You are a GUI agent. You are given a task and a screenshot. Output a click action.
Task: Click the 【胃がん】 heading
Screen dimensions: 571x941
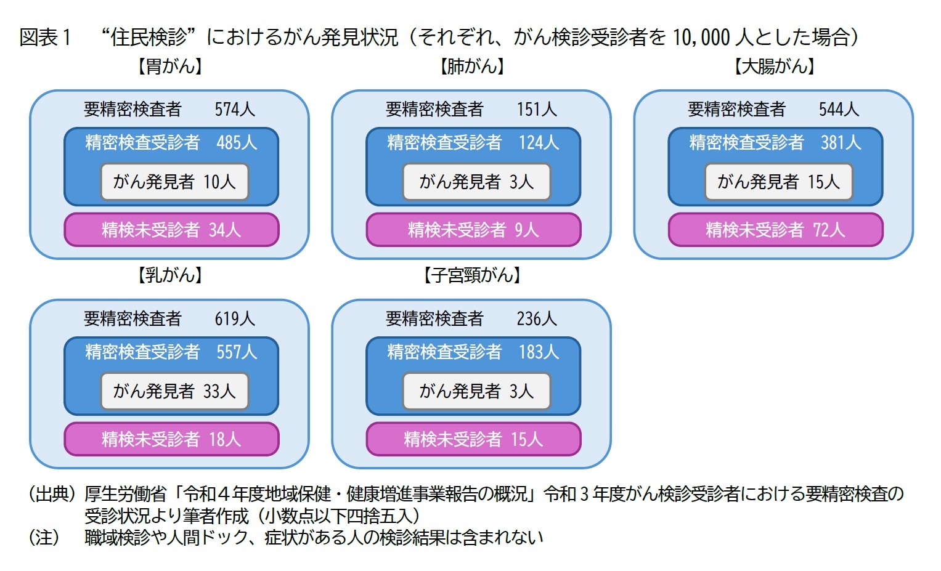170,66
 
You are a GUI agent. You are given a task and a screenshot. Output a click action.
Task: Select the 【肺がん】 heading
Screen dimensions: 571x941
472,66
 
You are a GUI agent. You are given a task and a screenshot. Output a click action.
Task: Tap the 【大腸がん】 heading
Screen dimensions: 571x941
774,66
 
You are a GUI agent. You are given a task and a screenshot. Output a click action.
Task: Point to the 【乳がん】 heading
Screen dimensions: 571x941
170,275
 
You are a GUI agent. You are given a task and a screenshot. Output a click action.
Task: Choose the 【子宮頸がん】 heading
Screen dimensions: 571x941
472,275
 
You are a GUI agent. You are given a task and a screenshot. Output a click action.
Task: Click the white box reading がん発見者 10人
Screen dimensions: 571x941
174,182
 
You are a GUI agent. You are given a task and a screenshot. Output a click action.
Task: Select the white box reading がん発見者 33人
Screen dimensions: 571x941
174,391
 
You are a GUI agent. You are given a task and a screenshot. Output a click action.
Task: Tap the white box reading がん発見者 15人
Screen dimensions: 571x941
778,182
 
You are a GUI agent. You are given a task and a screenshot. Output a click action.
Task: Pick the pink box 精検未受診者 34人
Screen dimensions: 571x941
171,230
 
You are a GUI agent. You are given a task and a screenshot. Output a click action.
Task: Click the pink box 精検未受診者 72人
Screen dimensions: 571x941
775,230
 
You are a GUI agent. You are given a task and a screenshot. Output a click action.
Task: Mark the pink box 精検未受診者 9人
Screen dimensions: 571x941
473,230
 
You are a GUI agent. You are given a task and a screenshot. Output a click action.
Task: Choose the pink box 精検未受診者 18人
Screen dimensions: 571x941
171,439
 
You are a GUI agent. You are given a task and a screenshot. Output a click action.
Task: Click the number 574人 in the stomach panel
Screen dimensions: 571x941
235,110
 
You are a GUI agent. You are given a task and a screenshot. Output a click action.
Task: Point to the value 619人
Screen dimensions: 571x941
235,319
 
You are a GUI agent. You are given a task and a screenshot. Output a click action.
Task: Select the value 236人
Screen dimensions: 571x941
537,319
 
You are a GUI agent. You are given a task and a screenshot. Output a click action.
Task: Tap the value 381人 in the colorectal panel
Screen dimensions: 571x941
841,143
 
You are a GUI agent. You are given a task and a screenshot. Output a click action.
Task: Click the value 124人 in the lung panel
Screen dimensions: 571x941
539,143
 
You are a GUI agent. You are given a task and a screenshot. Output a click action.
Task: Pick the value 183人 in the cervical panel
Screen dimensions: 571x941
539,352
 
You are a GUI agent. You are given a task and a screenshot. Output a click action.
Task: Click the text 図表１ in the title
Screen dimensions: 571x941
46,38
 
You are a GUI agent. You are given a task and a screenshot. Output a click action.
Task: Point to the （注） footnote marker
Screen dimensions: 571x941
44,537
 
